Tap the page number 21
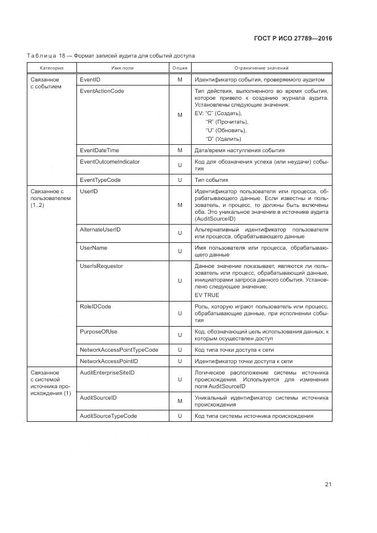(328, 485)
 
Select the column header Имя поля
(122, 68)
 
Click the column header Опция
(180, 68)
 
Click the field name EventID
(90, 80)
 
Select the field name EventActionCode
(102, 91)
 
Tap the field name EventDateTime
(100, 150)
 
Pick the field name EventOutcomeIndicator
(110, 162)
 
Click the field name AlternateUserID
(100, 229)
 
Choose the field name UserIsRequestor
(102, 266)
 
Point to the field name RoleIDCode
(96, 307)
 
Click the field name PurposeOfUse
(99, 331)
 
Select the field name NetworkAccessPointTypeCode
(119, 349)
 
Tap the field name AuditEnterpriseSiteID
(107, 372)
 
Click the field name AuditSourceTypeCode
(108, 416)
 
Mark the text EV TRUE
(207, 295)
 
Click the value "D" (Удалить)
(223, 139)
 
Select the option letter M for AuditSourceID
(180, 401)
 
